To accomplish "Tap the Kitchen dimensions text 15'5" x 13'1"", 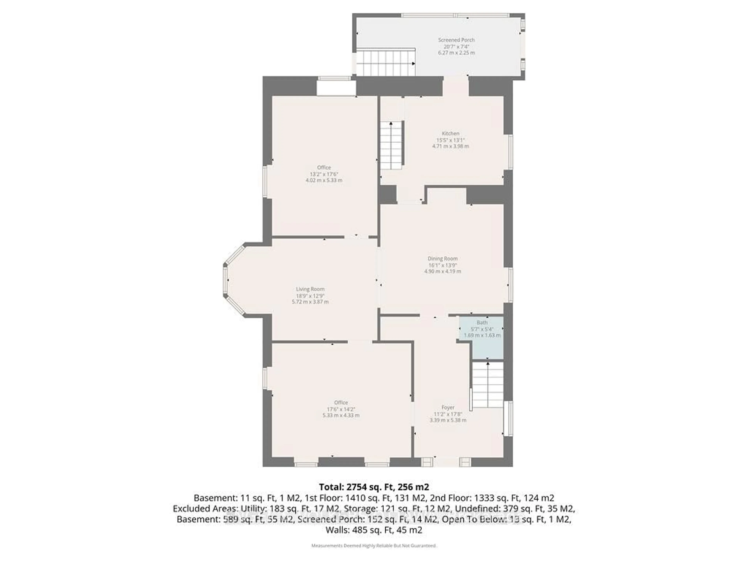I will click(450, 140).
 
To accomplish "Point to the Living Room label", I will click(310, 289).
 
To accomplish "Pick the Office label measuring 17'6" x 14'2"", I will click(341, 402).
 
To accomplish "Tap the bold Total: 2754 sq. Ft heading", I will click(374, 487).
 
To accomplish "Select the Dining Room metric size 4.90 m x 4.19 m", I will click(443, 271).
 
